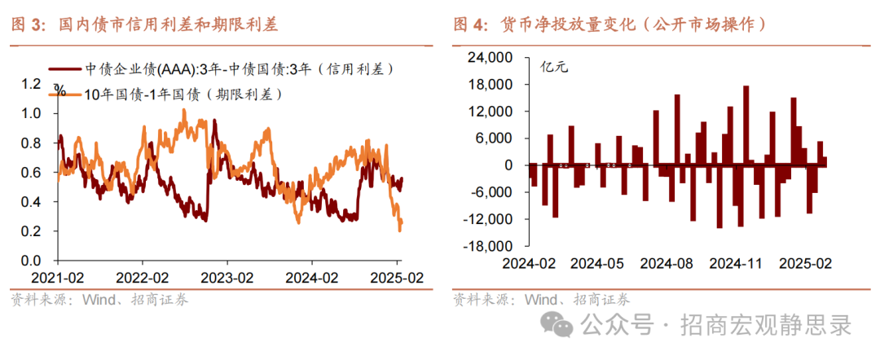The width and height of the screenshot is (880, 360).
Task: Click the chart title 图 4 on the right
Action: [609, 24]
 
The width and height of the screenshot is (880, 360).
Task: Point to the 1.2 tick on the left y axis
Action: [31, 83]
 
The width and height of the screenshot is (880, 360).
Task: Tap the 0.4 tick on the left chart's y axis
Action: [31, 202]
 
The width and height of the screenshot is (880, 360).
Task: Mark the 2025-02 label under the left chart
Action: [397, 276]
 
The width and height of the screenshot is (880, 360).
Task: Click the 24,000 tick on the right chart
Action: [489, 58]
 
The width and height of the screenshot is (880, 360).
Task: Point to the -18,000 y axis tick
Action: [487, 246]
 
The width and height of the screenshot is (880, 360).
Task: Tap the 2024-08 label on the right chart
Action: [666, 265]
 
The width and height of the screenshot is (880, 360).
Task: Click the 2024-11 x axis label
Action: [735, 265]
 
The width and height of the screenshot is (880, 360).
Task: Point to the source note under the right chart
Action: [541, 299]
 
